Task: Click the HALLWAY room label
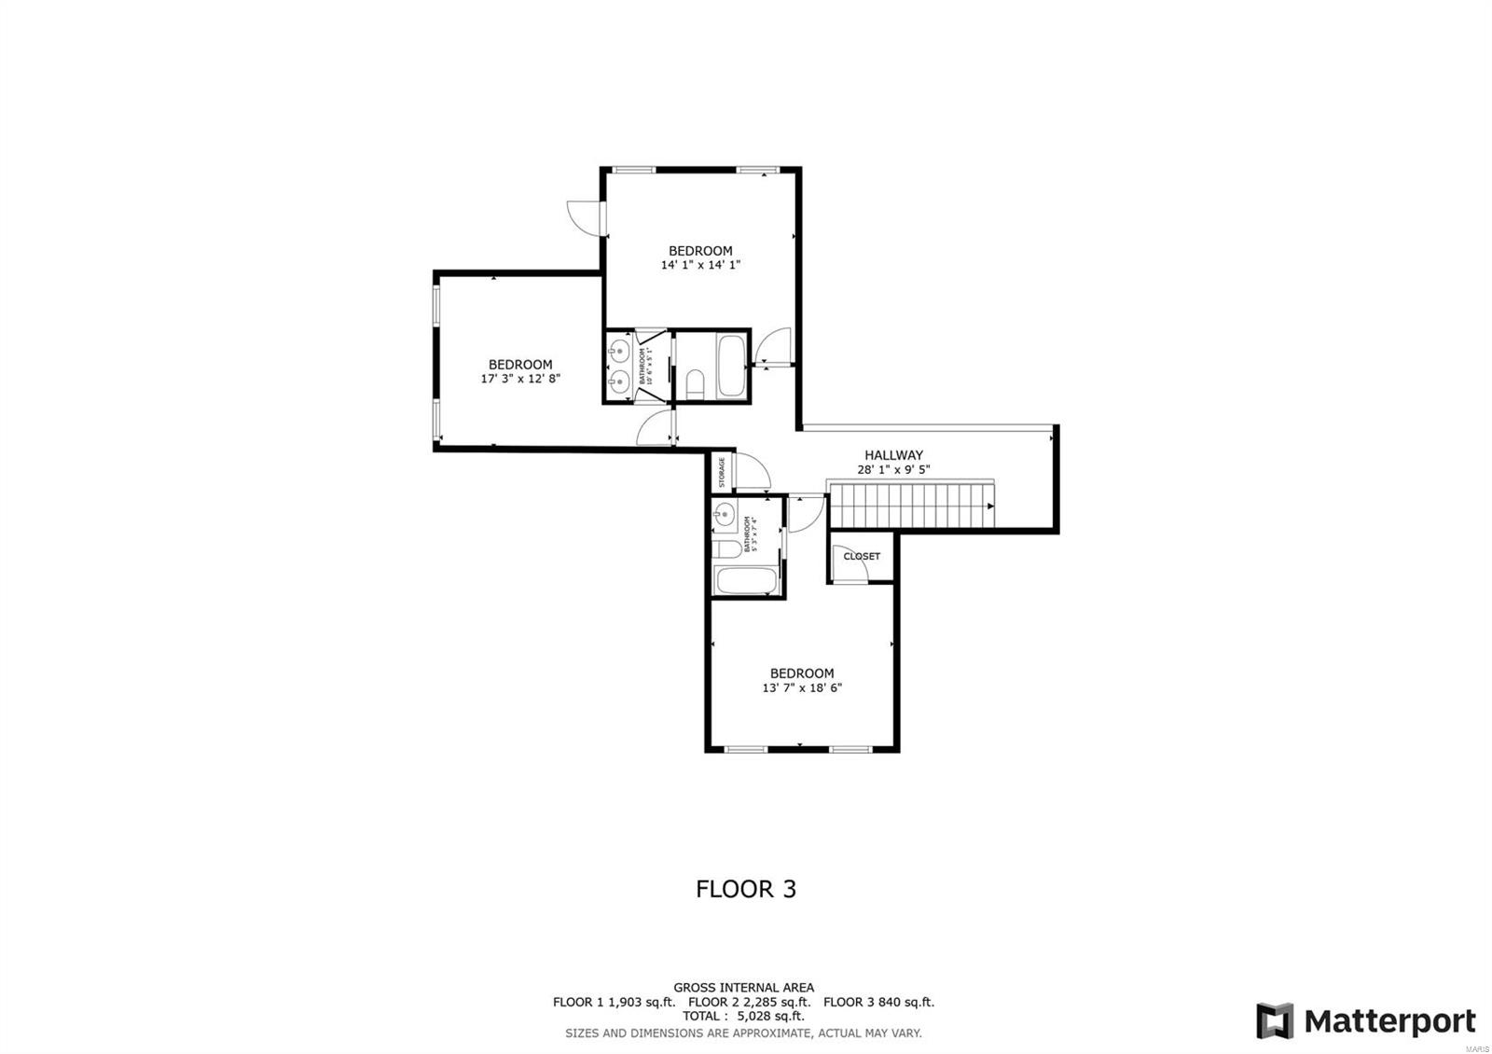pyautogui.click(x=892, y=455)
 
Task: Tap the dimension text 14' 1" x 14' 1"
pyautogui.click(x=700, y=265)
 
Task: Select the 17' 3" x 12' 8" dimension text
pyautogui.click(x=520, y=379)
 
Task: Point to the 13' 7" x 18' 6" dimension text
pyautogui.click(x=802, y=688)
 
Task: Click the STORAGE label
pyautogui.click(x=721, y=473)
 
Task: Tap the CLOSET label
pyautogui.click(x=861, y=556)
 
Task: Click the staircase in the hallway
pyautogui.click(x=912, y=506)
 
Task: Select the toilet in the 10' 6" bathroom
pyautogui.click(x=694, y=382)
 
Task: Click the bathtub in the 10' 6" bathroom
pyautogui.click(x=730, y=366)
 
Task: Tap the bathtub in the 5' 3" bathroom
pyautogui.click(x=744, y=579)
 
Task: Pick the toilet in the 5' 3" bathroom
pyautogui.click(x=725, y=548)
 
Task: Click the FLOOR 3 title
pyautogui.click(x=746, y=889)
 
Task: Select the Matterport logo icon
pyautogui.click(x=1274, y=1020)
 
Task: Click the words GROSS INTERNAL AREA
pyautogui.click(x=743, y=988)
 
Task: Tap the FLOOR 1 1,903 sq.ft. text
pyautogui.click(x=614, y=1003)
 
